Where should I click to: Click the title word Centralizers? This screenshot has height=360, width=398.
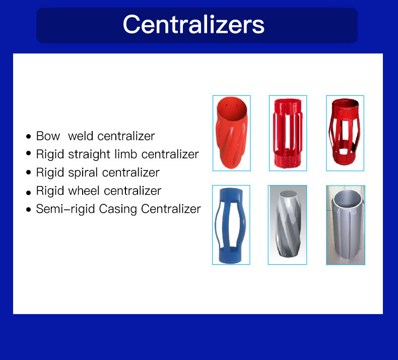click(x=193, y=24)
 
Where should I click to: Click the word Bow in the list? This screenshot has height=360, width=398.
click(x=48, y=136)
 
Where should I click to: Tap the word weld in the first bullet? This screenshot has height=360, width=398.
click(x=81, y=136)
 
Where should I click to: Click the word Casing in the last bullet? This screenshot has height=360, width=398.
click(x=118, y=209)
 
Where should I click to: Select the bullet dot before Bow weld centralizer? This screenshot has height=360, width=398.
click(x=28, y=137)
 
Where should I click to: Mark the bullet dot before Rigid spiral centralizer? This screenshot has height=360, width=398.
click(x=28, y=172)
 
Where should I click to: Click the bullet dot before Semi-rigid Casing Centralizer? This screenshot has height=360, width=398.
click(x=28, y=210)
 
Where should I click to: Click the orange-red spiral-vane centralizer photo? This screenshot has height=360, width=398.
click(x=231, y=133)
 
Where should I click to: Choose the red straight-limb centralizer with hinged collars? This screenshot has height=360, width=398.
click(x=288, y=133)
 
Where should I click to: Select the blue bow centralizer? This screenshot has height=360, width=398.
click(x=231, y=225)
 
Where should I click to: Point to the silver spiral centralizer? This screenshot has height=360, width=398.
click(x=288, y=223)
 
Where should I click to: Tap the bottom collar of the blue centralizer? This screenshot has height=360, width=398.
click(x=230, y=256)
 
